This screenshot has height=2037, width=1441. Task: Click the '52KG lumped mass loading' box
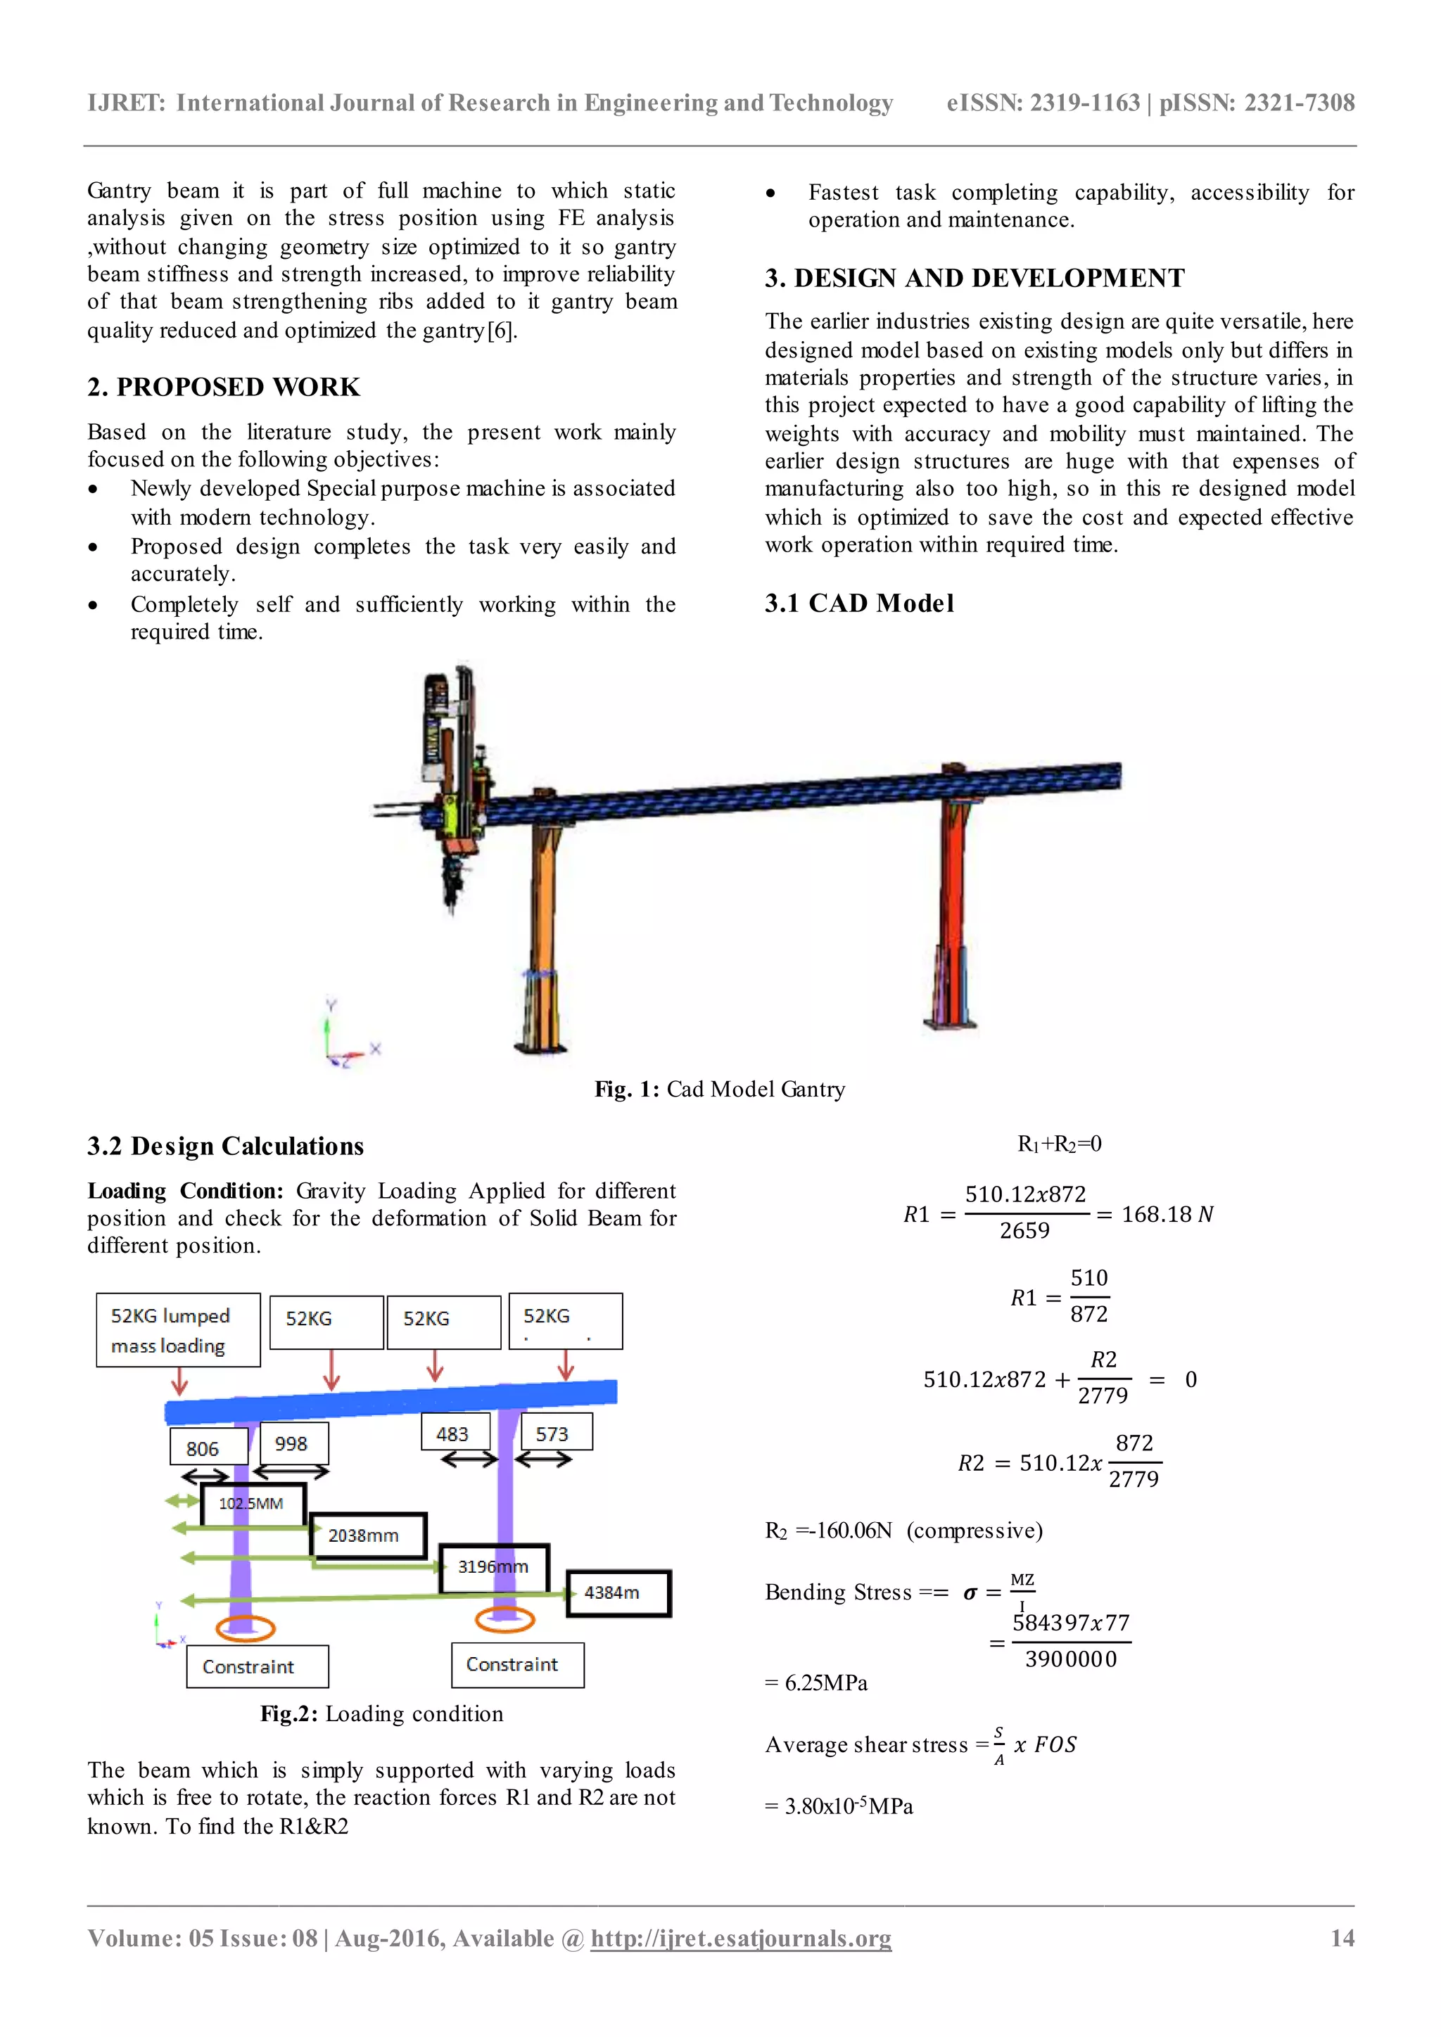[x=177, y=1330]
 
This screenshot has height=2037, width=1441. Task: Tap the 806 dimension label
[x=208, y=1447]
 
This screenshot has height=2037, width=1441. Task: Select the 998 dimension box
[x=293, y=1443]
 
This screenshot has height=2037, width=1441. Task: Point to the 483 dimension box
[x=455, y=1433]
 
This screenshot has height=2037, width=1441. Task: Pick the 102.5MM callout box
[x=253, y=1504]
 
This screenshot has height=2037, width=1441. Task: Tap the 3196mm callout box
[x=494, y=1566]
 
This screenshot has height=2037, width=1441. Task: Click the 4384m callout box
[x=618, y=1593]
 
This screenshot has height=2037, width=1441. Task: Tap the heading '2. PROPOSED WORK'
[x=224, y=388]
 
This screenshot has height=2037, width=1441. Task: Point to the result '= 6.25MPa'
[x=816, y=1683]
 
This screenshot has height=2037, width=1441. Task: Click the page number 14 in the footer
[x=1342, y=1938]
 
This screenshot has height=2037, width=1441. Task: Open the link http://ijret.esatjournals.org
[x=741, y=1939]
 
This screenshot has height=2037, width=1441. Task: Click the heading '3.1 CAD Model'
[x=859, y=604]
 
